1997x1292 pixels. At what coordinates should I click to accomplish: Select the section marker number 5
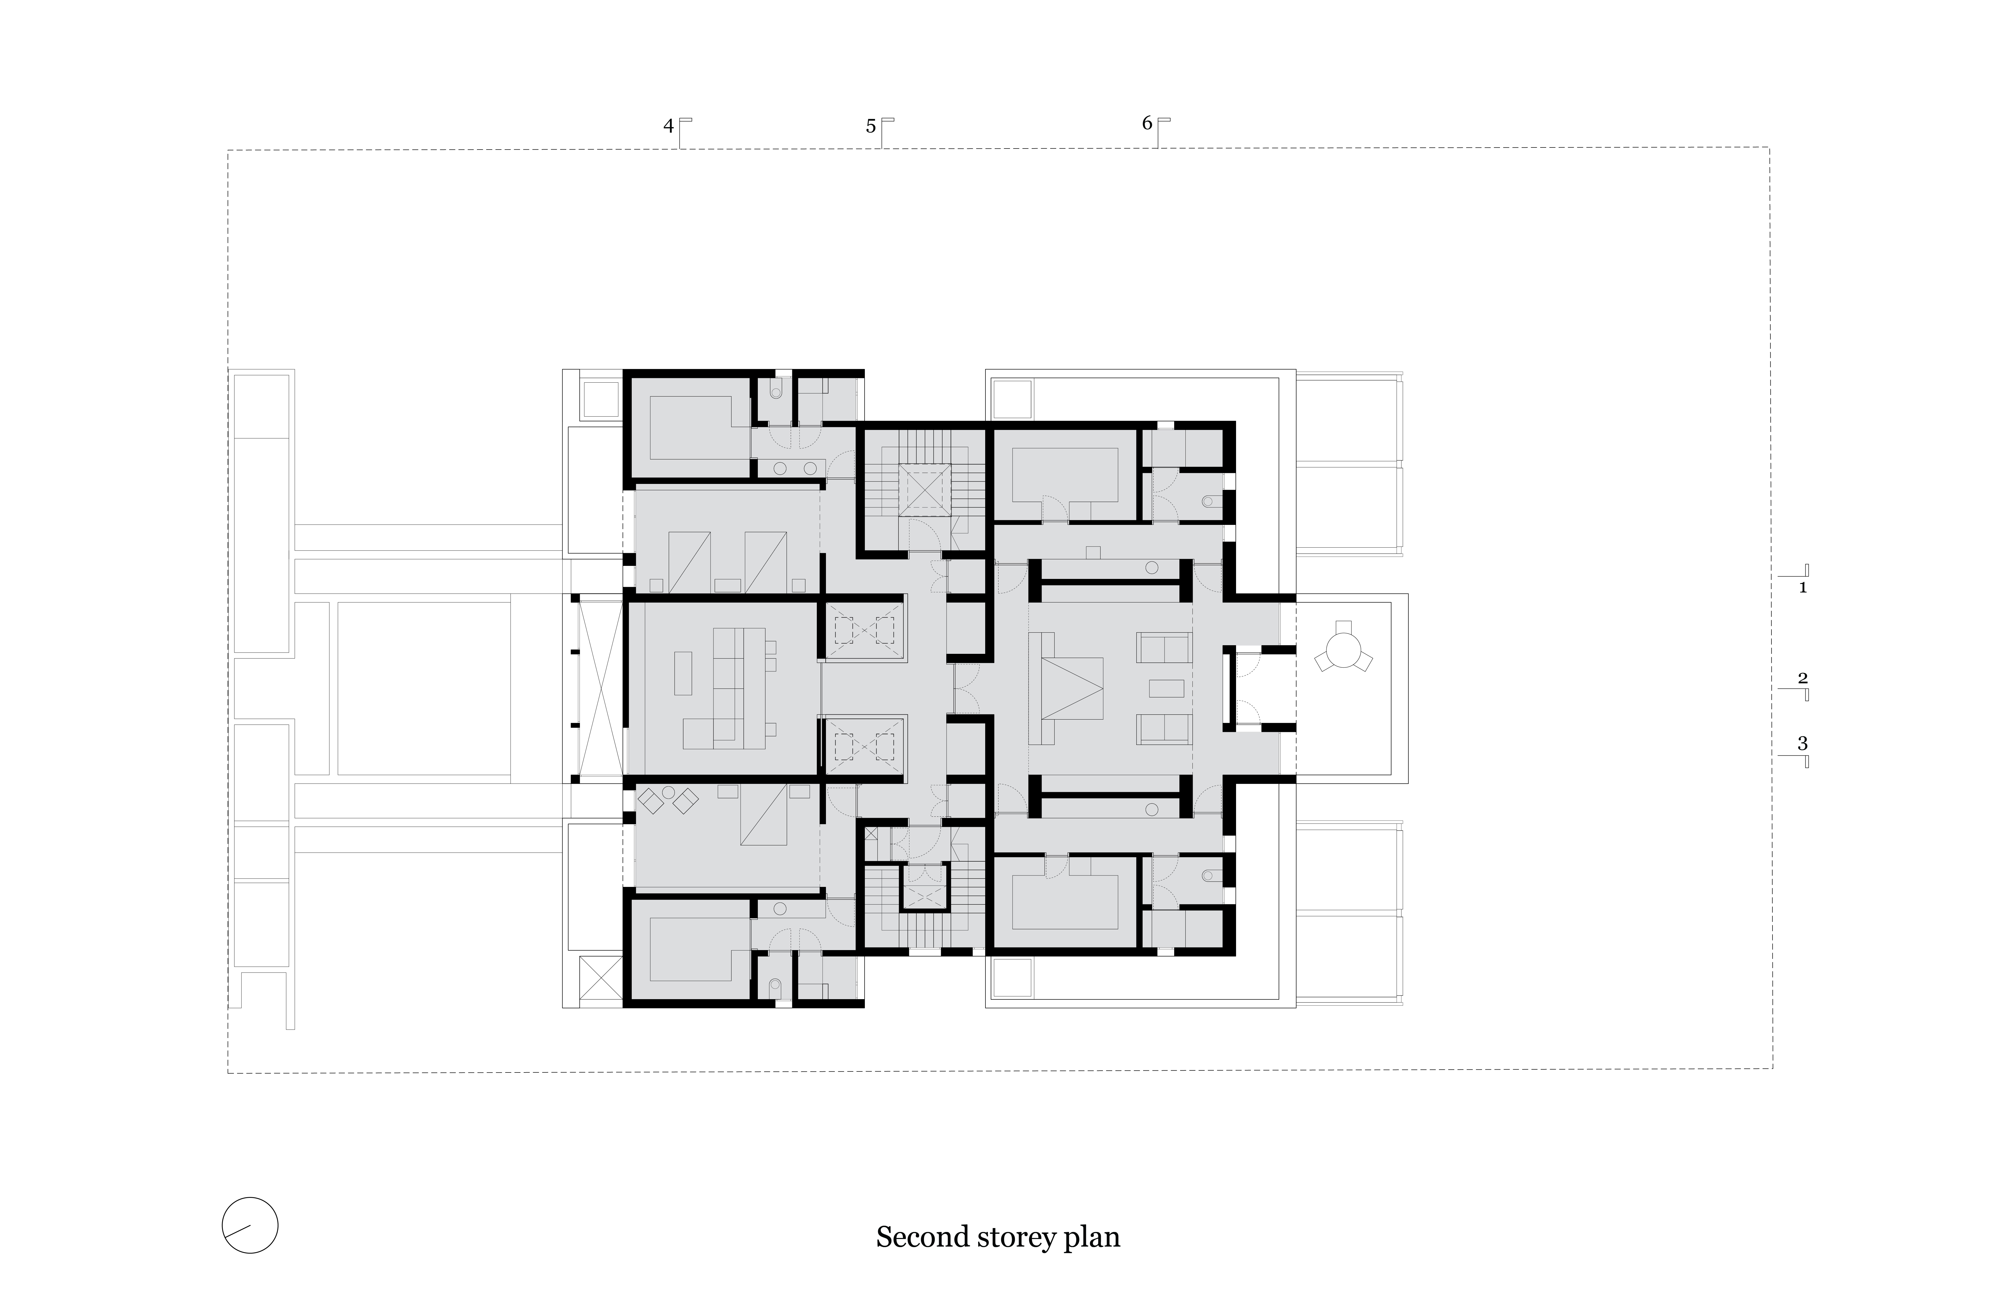871,127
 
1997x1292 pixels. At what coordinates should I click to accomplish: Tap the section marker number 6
1147,123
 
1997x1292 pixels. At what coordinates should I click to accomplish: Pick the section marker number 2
1802,678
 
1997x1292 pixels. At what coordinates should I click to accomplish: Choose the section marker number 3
1802,743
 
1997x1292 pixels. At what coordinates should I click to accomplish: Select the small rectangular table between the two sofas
1166,688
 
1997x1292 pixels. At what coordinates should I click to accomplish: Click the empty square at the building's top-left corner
601,399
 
